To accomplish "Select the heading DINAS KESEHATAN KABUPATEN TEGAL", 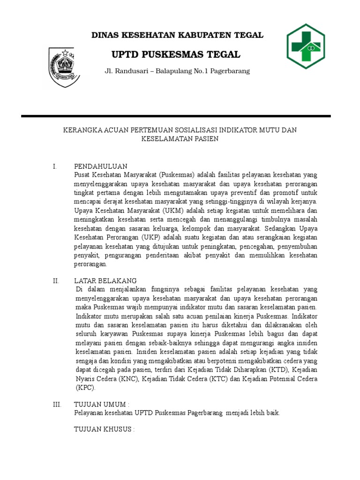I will coord(177,35).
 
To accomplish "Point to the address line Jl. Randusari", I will coord(177,71).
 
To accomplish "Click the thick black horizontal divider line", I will coord(176,116).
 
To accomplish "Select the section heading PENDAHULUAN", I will coord(101,166).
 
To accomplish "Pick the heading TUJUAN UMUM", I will coord(101,404).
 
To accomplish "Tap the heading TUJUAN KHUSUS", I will coord(104,429).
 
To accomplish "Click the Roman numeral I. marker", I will coord(54,166).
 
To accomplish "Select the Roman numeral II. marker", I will coord(55,281).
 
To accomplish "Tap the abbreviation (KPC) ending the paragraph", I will coord(85,388).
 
